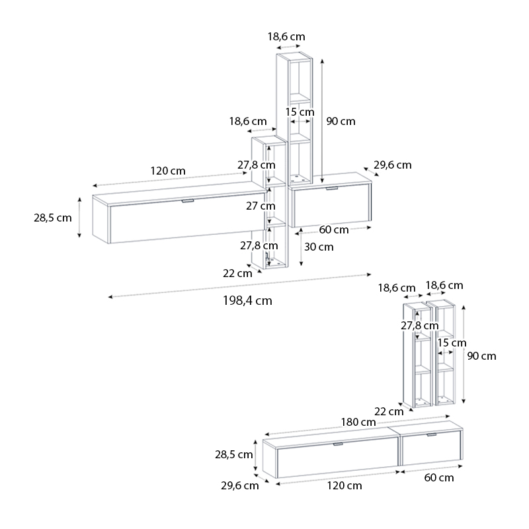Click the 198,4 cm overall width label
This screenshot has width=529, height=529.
[247, 301]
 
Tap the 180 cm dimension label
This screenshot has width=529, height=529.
[358, 422]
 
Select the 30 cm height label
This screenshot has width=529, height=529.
[319, 247]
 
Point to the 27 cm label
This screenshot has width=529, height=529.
[261, 206]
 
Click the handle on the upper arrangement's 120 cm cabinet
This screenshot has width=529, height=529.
[187, 201]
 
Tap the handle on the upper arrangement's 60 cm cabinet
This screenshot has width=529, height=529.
[332, 188]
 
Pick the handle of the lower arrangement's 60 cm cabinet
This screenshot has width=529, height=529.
[432, 435]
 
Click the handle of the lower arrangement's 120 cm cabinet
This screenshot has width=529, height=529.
[338, 444]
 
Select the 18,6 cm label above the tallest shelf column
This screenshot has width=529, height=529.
[286, 36]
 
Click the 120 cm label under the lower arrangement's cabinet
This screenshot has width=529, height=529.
[345, 486]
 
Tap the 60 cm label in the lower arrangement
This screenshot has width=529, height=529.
[439, 477]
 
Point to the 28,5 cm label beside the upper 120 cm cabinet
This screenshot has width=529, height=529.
[53, 218]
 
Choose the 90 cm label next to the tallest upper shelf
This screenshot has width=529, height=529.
[341, 121]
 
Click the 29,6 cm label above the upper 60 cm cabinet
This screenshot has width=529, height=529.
[393, 165]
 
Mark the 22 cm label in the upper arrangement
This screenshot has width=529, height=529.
[237, 273]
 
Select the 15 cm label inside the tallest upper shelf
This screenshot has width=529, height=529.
[300, 112]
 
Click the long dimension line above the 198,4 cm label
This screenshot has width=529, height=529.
[239, 286]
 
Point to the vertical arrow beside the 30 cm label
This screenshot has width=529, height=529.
[302, 247]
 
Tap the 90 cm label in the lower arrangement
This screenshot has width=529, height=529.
[481, 356]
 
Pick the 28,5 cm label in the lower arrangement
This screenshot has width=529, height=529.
[234, 455]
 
